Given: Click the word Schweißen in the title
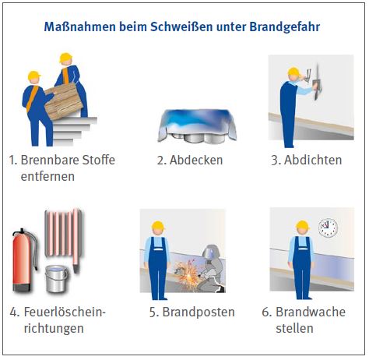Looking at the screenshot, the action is [181, 26].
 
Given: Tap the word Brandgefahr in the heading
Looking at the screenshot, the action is [285, 27].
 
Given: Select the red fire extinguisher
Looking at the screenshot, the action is [22, 260].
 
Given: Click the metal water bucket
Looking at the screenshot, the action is [56, 278].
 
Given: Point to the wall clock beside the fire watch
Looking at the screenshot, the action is [329, 228].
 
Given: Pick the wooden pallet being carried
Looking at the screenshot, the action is [64, 101].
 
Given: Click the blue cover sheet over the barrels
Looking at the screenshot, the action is [197, 123].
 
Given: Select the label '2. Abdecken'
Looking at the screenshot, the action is [190, 160].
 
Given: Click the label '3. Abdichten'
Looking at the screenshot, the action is [306, 160].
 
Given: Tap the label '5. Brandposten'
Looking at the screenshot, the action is [192, 312].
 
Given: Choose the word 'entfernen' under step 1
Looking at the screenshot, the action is [47, 176].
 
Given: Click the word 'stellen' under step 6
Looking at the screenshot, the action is [294, 328].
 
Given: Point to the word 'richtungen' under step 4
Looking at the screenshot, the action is [54, 328].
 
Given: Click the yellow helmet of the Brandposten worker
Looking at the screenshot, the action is [158, 225].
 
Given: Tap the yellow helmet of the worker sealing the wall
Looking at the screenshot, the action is [293, 72].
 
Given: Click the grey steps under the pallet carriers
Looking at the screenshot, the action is [74, 131].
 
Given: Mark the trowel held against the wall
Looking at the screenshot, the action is [317, 83].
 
